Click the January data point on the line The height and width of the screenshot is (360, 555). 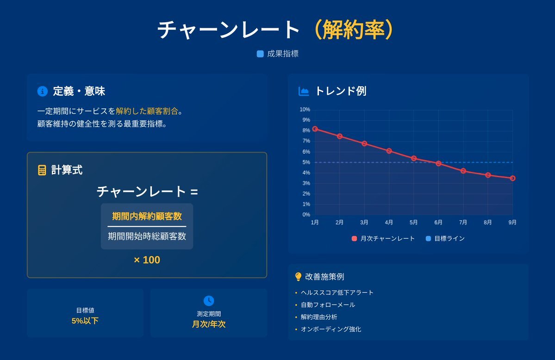tap(315, 129)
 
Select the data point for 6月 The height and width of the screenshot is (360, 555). tap(438, 163)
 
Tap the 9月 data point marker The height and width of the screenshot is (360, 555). tap(512, 179)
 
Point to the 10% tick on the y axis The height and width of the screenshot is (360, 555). tap(305, 109)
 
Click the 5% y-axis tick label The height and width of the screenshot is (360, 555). tap(306, 162)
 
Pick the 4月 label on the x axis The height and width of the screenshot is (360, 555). tap(389, 222)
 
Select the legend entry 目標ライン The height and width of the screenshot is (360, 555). tap(445, 239)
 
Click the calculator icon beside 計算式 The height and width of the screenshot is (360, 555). tap(42, 170)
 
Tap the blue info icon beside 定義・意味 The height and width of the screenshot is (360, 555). tap(43, 91)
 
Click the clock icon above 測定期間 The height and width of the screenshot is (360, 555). tap(209, 300)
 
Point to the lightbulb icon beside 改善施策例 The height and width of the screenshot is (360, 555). tap(299, 277)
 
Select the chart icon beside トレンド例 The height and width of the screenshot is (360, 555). tap(304, 91)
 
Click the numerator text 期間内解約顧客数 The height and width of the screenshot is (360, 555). tap(147, 216)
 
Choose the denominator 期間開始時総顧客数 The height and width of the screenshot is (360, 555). tap(147, 236)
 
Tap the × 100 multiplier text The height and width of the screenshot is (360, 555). tap(147, 260)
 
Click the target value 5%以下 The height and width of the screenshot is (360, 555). tap(85, 321)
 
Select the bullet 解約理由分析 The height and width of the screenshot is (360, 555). tap(319, 317)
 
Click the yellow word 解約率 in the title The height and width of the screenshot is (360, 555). tap(353, 29)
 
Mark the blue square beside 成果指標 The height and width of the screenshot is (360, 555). tap(260, 54)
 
